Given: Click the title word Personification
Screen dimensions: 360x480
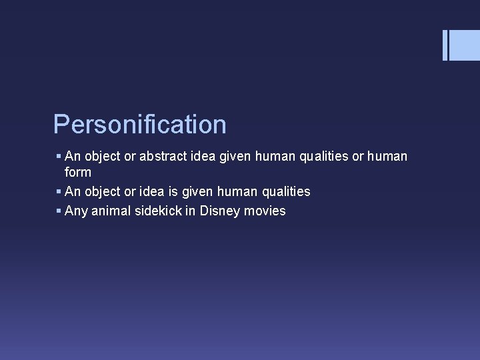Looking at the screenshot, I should pyautogui.click(x=140, y=125).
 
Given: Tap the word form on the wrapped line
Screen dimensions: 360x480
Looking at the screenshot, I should pyautogui.click(x=78, y=172).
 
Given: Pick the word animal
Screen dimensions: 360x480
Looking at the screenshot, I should pyautogui.click(x=109, y=211).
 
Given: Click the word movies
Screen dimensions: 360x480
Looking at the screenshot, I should pyautogui.click(x=265, y=211).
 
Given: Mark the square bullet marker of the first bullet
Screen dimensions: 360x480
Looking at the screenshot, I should pyautogui.click(x=59, y=157).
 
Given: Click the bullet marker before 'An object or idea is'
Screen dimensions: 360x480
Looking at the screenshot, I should pyautogui.click(x=59, y=192).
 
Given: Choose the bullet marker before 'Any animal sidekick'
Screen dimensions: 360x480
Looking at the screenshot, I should pyautogui.click(x=59, y=211).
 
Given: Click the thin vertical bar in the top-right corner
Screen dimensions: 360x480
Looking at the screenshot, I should pyautogui.click(x=445, y=45).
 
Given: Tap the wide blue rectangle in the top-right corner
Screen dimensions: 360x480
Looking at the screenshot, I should pyautogui.click(x=465, y=45).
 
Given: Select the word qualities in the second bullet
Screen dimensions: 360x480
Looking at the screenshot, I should pyautogui.click(x=285, y=192).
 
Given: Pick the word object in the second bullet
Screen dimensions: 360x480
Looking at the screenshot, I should pyautogui.click(x=101, y=192).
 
